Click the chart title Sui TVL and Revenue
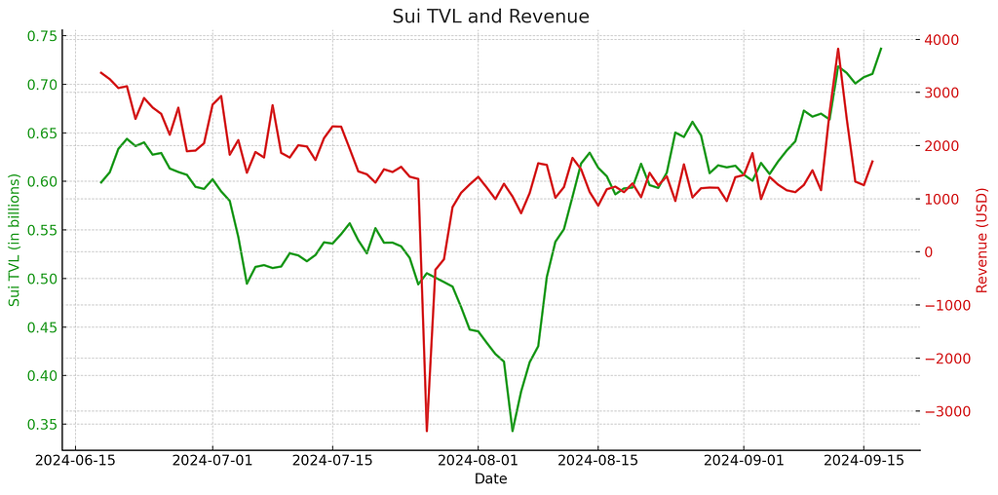pos(490,17)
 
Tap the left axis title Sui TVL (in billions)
pos(15,240)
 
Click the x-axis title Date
pos(490,478)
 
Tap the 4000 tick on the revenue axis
pos(942,40)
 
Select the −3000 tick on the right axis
pos(946,412)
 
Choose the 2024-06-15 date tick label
pos(75,460)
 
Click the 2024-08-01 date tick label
pos(479,460)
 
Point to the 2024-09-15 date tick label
pos(864,460)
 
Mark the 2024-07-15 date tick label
pos(332,460)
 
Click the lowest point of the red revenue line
pos(427,431)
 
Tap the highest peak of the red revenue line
pos(838,49)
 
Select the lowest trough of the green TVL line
pos(513,431)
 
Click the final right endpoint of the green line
pos(881,49)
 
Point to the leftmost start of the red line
pos(100,72)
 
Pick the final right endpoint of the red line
pos(872,162)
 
